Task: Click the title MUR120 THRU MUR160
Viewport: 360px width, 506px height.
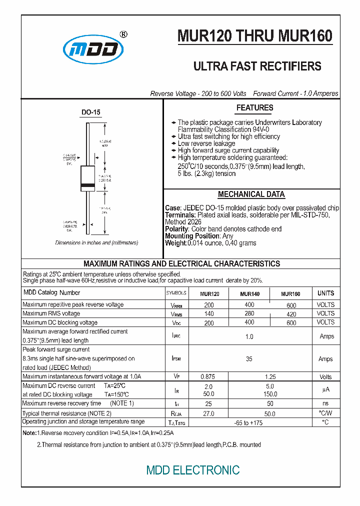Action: pyautogui.click(x=254, y=36)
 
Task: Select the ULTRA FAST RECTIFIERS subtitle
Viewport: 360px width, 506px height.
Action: pyautogui.click(x=257, y=66)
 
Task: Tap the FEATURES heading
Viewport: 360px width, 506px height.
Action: pyautogui.click(x=254, y=108)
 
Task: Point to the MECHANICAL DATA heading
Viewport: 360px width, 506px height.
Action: pyautogui.click(x=251, y=194)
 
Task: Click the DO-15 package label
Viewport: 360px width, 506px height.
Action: pyautogui.click(x=90, y=113)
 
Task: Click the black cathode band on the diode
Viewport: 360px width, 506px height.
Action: pyautogui.click(x=88, y=187)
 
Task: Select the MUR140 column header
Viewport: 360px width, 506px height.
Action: pyautogui.click(x=249, y=294)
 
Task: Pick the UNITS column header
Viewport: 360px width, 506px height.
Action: pyautogui.click(x=325, y=293)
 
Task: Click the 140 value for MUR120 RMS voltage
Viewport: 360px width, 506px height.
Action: pyautogui.click(x=209, y=314)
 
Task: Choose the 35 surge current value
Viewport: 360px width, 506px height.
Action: pyautogui.click(x=249, y=359)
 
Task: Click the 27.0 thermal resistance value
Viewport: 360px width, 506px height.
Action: pyautogui.click(x=208, y=414)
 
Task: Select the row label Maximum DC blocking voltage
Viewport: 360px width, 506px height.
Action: pyautogui.click(x=60, y=322)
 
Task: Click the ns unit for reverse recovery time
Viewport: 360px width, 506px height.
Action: pyautogui.click(x=326, y=403)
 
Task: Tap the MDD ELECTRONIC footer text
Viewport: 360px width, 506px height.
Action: pyautogui.click(x=192, y=470)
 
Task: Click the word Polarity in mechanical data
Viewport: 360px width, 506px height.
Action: pyautogui.click(x=176, y=229)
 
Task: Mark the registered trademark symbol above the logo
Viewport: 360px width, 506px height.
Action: pyautogui.click(x=123, y=34)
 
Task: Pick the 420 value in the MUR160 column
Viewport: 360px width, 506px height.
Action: pyautogui.click(x=291, y=314)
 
